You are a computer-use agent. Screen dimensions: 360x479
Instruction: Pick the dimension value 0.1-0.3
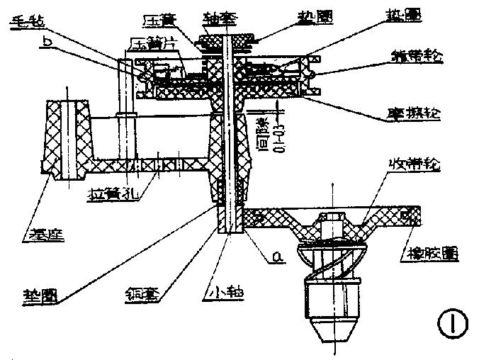(275, 125)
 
